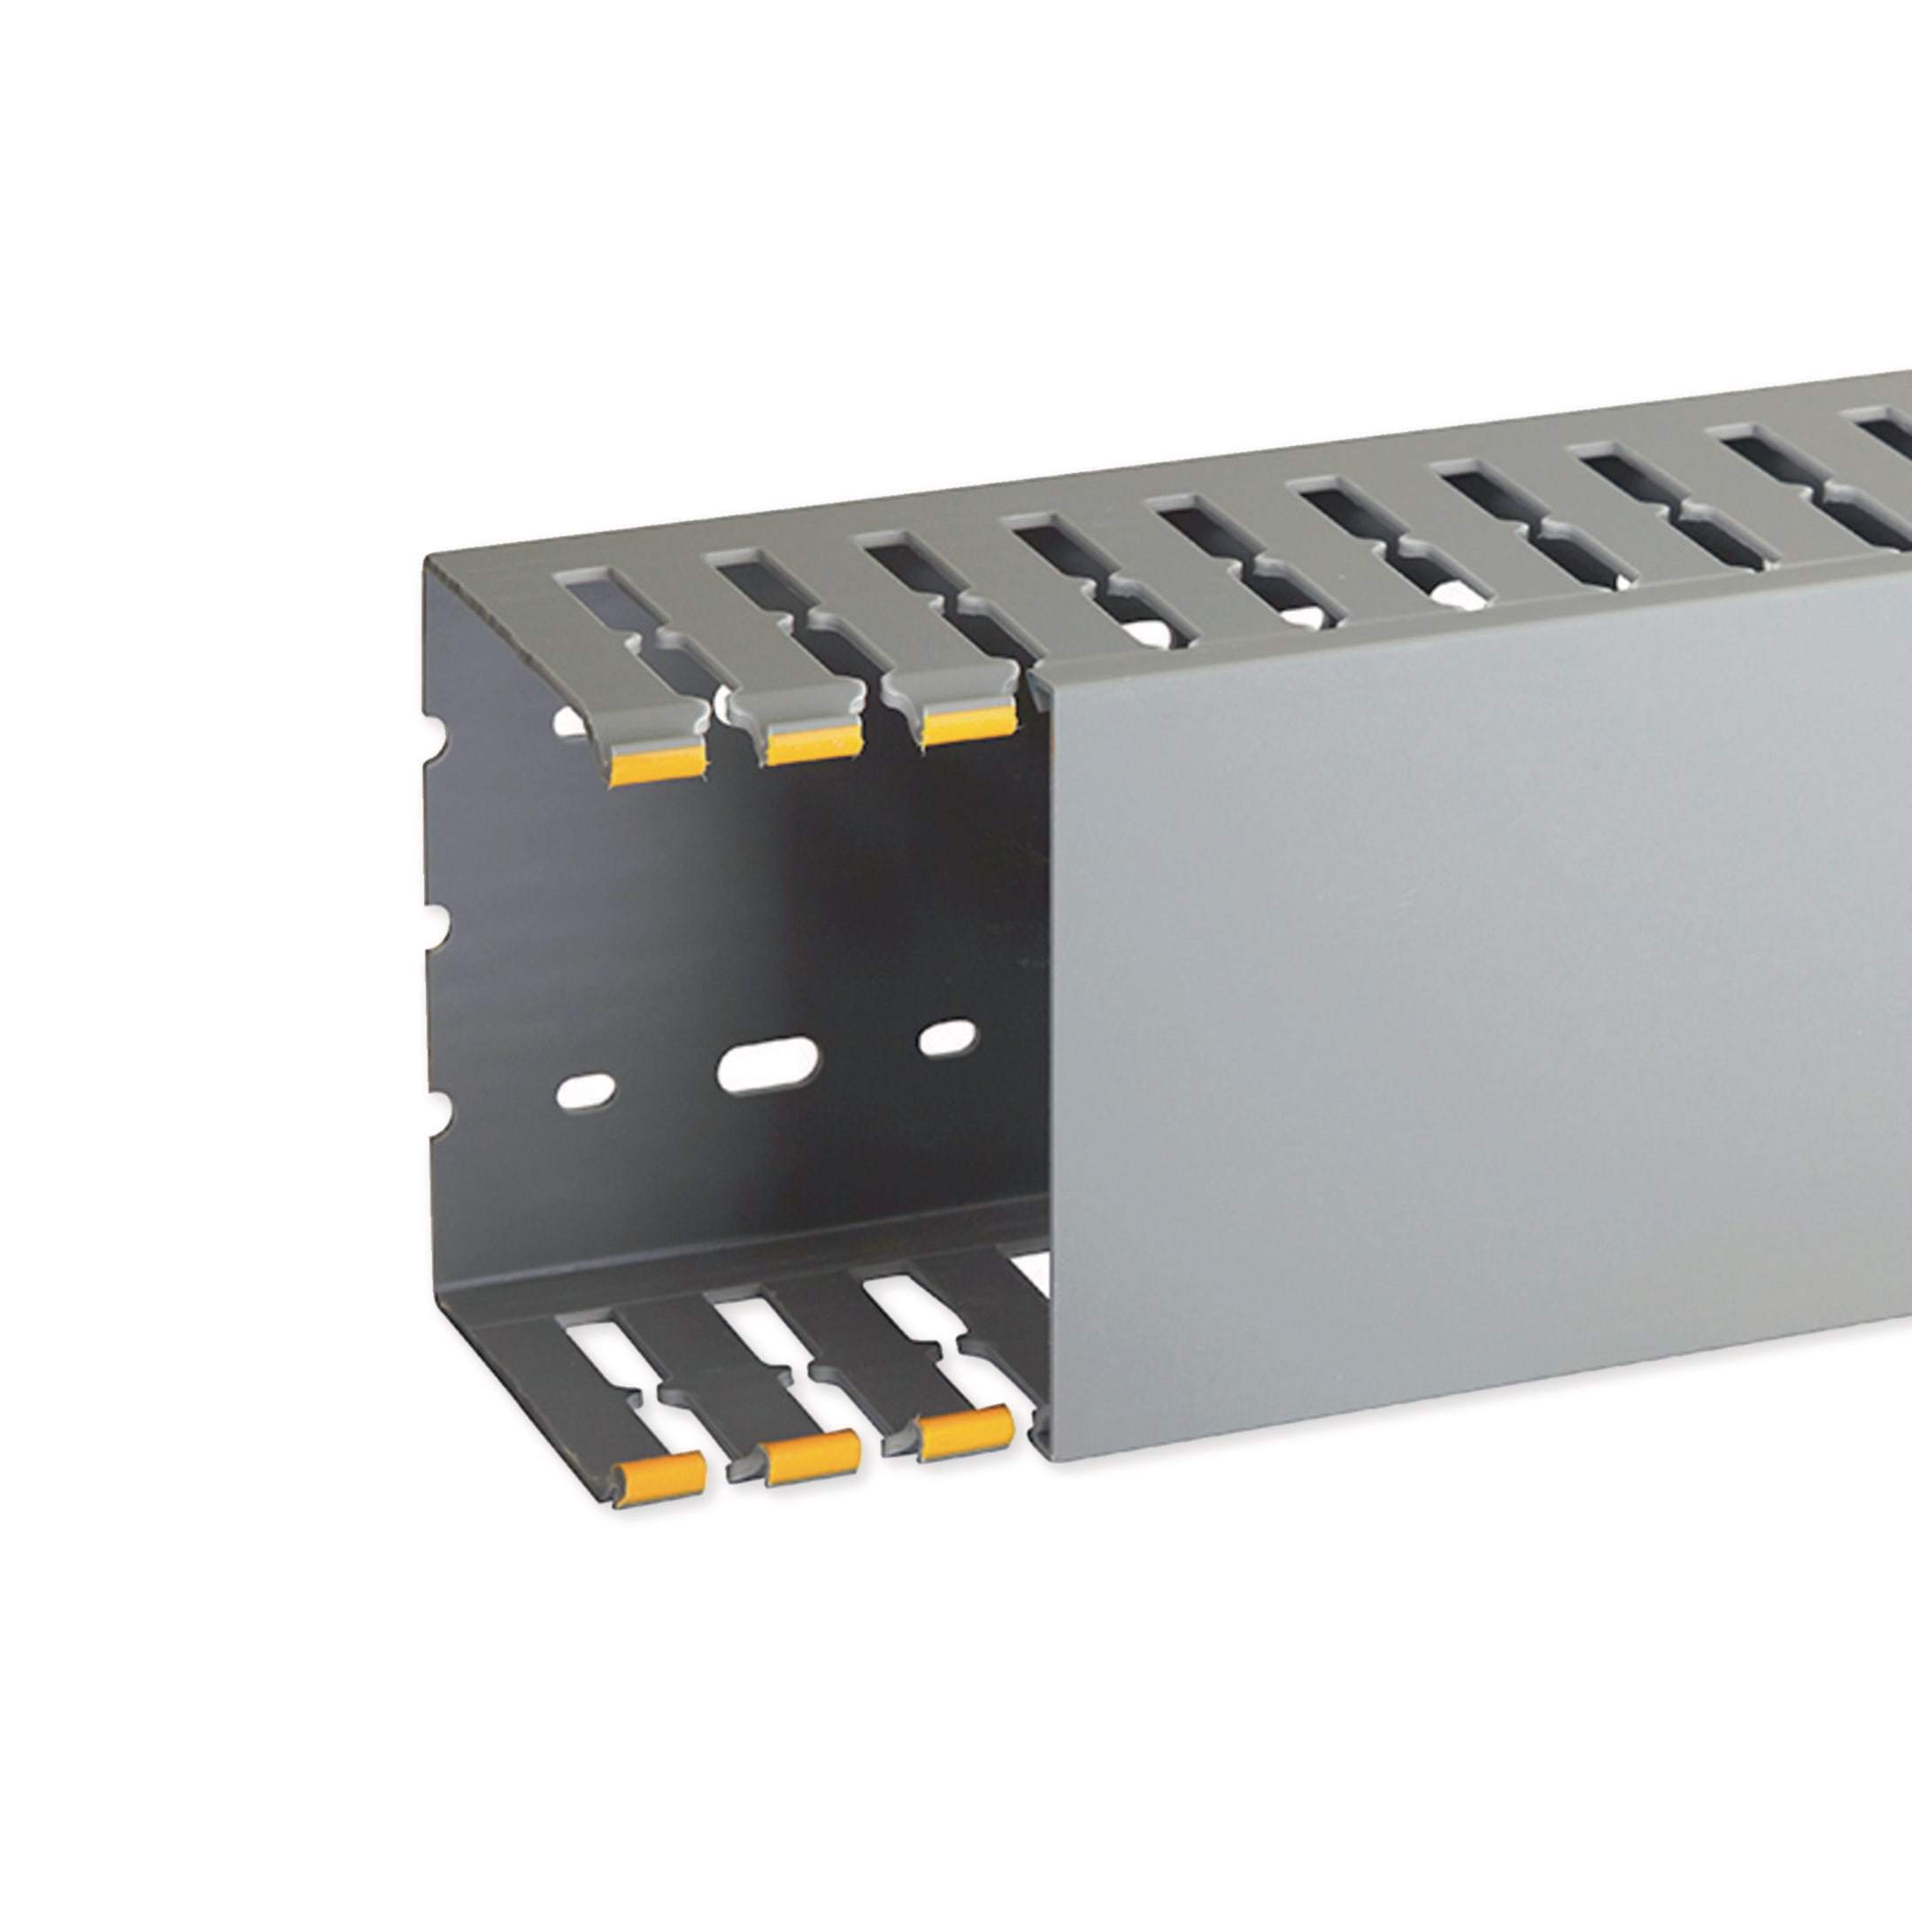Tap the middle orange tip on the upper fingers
[812, 743]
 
